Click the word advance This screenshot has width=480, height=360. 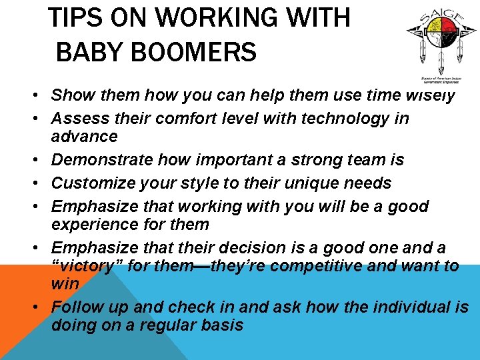tap(85, 137)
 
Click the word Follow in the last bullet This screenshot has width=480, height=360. tap(74, 307)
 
